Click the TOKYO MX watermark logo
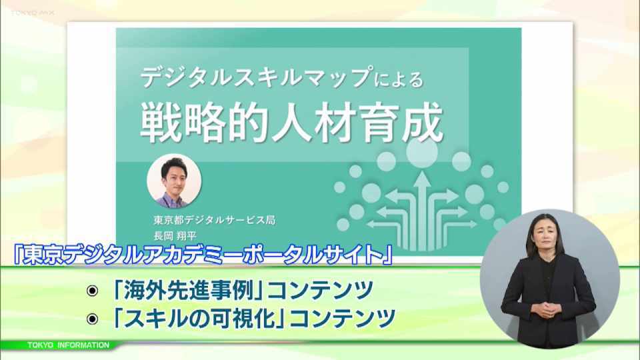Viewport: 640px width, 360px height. (x=33, y=13)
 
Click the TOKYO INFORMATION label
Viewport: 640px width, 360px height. (x=68, y=345)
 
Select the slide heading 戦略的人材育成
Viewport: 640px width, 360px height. (x=292, y=121)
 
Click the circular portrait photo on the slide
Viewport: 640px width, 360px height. (x=174, y=181)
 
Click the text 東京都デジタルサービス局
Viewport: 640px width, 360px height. (x=215, y=220)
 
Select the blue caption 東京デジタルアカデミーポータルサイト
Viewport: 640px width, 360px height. (x=203, y=255)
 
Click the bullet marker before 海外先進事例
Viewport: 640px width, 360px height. (x=93, y=291)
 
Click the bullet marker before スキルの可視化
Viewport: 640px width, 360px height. (x=93, y=319)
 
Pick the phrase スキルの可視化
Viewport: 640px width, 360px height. (x=199, y=318)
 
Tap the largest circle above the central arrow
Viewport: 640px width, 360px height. (x=421, y=151)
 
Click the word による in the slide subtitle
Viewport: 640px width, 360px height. (x=399, y=79)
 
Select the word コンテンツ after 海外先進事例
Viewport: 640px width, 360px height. (x=320, y=290)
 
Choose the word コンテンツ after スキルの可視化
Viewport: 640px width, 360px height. (x=342, y=318)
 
